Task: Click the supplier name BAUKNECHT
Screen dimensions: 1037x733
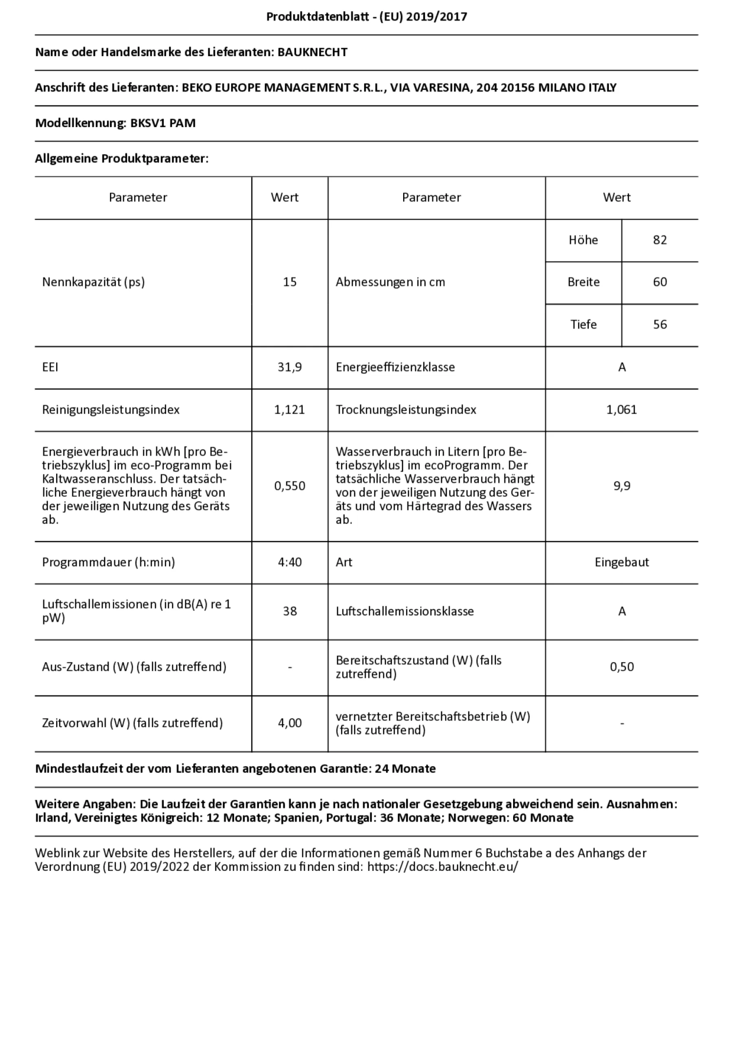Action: point(312,53)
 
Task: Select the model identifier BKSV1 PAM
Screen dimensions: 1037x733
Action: point(163,123)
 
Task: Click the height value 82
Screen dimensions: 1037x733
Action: point(659,240)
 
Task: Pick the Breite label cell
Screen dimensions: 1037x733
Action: point(583,282)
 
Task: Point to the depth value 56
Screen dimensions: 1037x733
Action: point(659,325)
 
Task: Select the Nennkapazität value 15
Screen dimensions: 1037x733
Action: point(290,282)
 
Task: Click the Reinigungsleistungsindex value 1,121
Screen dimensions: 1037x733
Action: point(290,410)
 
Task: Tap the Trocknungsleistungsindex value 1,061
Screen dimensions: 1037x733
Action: point(621,410)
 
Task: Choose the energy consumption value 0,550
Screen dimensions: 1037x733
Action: point(290,486)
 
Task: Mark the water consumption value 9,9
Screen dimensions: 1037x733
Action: point(621,486)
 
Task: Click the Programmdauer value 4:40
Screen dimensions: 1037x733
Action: point(290,562)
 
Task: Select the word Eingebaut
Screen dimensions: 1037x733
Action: point(621,562)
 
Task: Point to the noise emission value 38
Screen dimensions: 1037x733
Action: point(290,611)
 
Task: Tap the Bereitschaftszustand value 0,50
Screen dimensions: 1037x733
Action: point(621,667)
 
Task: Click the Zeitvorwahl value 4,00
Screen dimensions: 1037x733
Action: point(290,723)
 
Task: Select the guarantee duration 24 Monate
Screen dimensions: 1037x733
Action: point(405,769)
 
